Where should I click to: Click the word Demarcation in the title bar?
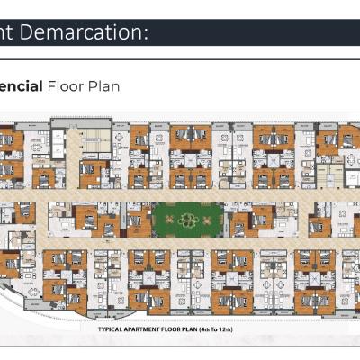88,33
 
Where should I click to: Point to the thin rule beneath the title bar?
180,59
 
